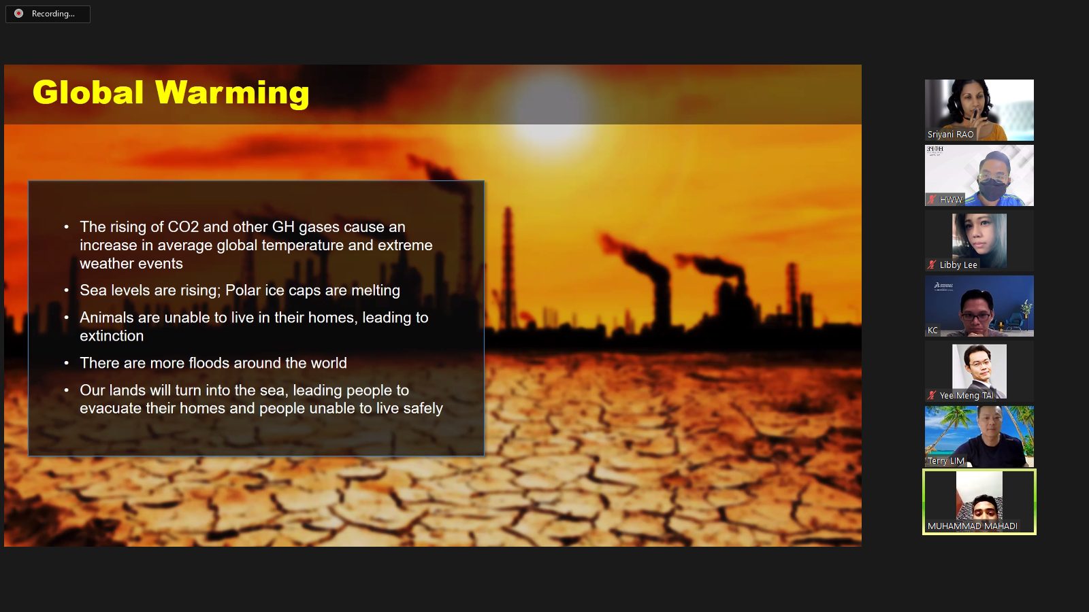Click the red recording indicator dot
[18, 14]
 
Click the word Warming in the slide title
[232, 92]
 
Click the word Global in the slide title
[88, 92]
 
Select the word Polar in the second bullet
[244, 290]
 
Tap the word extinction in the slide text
[112, 336]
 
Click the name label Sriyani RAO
[950, 135]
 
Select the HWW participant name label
[951, 200]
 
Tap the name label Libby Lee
[958, 265]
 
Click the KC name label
[932, 330]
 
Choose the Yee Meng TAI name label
[966, 395]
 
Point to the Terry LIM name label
[945, 461]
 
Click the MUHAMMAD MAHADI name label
[973, 526]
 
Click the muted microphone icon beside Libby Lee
[932, 265]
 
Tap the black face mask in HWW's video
[992, 188]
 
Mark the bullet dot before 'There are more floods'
[67, 363]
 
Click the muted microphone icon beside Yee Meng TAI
[932, 395]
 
